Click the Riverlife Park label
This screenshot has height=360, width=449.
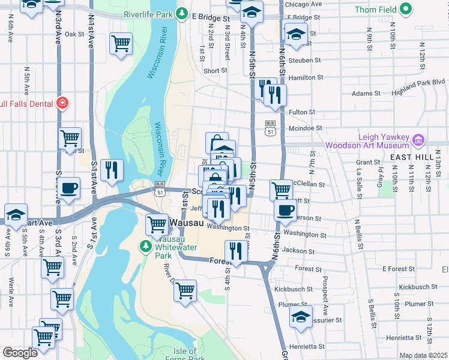click(x=148, y=14)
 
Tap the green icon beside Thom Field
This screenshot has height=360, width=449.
click(x=406, y=9)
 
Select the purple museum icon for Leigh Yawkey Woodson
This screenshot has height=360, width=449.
click(x=418, y=141)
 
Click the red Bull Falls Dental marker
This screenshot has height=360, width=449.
click(x=61, y=103)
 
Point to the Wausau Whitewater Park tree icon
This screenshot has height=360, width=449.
click(x=145, y=245)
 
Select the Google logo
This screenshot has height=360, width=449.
click(x=20, y=353)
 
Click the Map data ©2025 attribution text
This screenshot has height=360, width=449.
click(x=423, y=356)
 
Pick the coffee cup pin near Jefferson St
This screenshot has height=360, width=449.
click(x=286, y=210)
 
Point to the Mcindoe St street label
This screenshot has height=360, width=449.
click(x=306, y=128)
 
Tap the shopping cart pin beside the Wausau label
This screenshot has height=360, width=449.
click(x=157, y=224)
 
